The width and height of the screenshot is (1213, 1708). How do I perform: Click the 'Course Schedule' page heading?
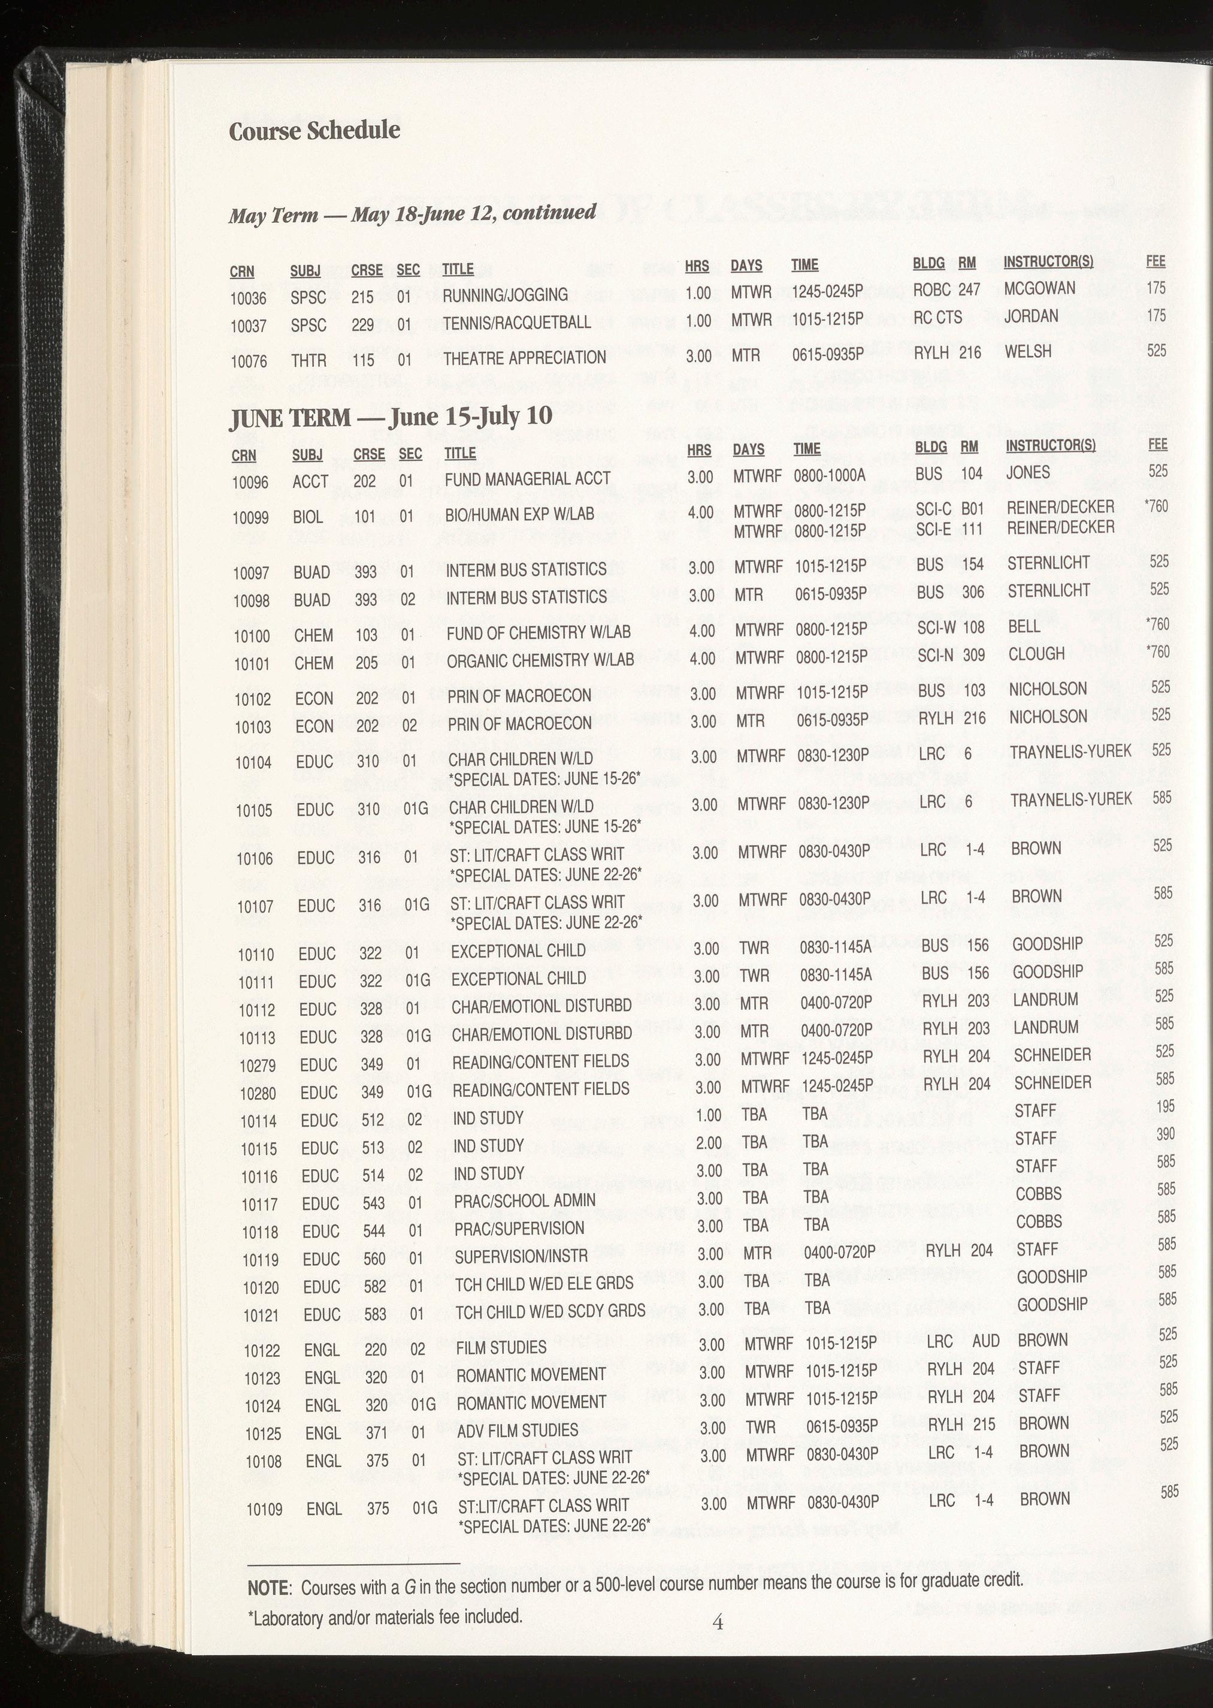314,131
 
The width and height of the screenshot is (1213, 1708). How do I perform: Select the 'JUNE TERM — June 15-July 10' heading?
391,416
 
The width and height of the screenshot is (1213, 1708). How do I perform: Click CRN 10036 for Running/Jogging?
248,297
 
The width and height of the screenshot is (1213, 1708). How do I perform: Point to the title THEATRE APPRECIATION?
524,358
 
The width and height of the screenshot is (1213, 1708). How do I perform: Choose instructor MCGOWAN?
1039,288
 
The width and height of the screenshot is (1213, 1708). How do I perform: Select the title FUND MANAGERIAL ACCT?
527,479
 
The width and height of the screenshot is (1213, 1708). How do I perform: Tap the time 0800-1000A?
829,475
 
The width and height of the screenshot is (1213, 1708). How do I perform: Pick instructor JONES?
1028,472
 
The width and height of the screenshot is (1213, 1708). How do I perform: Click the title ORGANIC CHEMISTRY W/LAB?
540,660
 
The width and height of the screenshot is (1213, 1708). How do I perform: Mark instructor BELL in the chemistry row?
1024,626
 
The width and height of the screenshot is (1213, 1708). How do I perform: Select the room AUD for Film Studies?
985,1341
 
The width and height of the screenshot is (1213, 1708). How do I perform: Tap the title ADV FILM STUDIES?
517,1430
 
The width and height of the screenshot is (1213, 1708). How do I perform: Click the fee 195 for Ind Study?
1165,1106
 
